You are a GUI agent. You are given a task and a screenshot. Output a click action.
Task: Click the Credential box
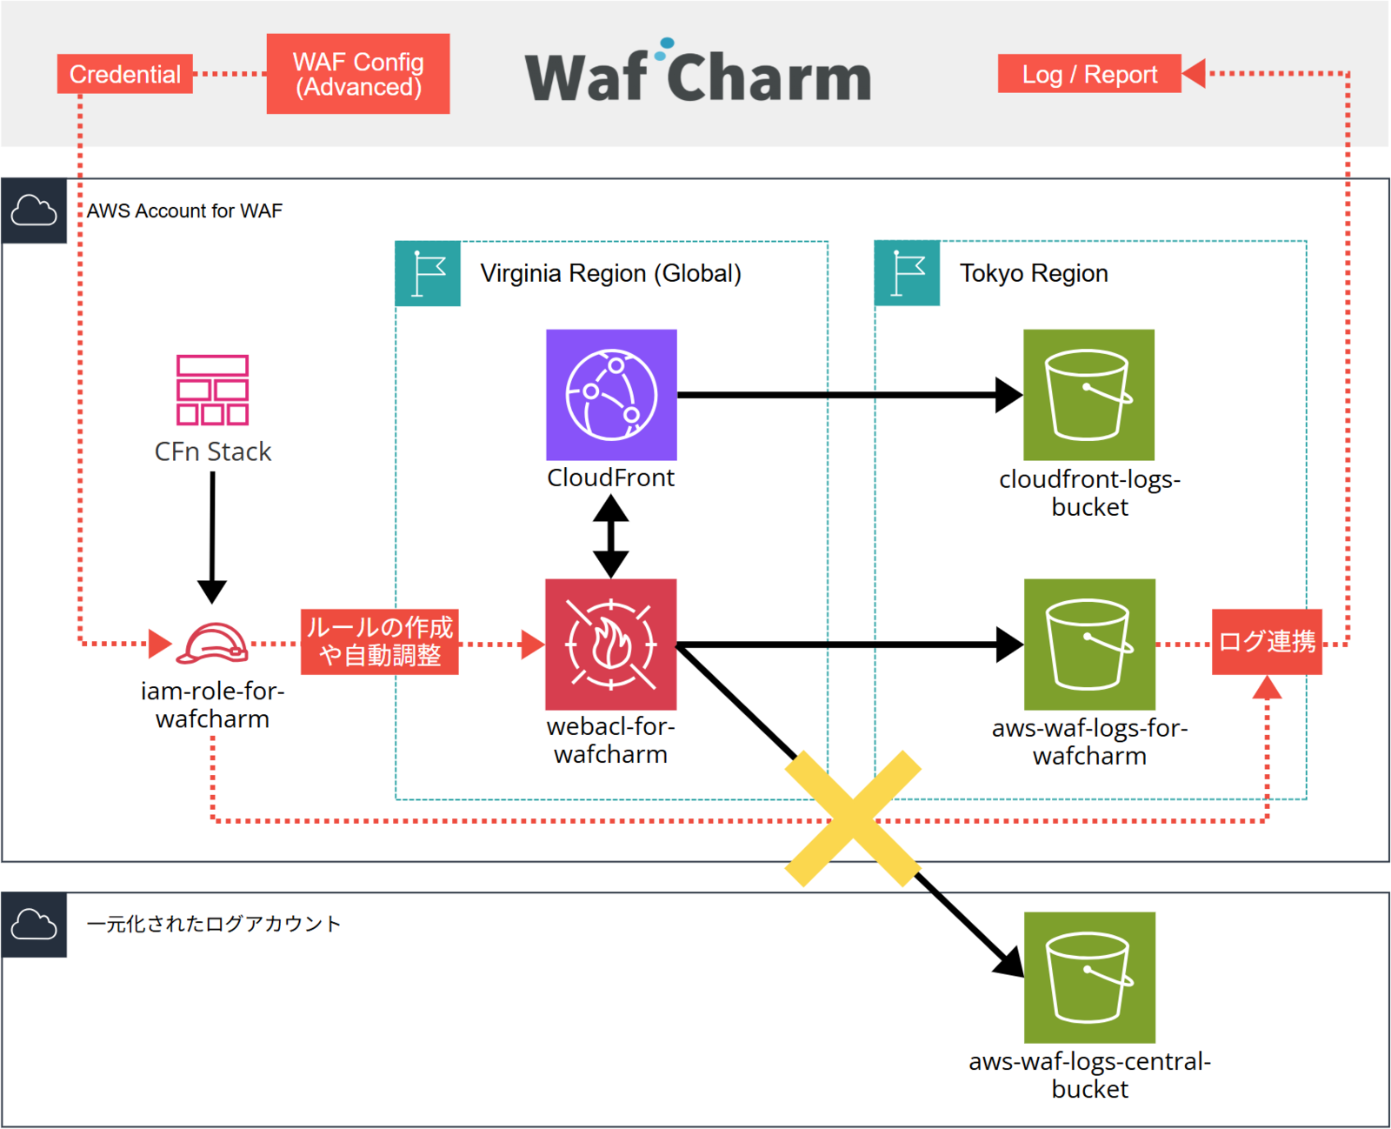(x=124, y=74)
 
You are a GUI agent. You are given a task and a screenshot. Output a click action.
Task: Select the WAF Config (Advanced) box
(x=357, y=74)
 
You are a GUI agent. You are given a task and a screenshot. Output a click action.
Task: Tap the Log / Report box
(x=1088, y=74)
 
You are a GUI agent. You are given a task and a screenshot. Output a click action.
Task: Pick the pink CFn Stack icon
(x=212, y=390)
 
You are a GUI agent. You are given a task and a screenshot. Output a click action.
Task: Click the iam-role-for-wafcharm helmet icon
(x=212, y=644)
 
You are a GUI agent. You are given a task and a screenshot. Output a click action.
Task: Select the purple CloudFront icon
(x=611, y=395)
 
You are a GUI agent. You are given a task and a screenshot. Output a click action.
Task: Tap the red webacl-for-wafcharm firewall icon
(x=610, y=645)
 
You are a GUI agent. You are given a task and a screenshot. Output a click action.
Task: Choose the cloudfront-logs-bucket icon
(x=1088, y=395)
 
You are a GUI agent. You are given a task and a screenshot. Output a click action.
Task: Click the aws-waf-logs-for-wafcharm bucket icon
(x=1088, y=645)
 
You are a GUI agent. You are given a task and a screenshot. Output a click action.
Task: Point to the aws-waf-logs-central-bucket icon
(x=1088, y=977)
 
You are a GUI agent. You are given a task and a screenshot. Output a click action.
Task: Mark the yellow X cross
(x=853, y=818)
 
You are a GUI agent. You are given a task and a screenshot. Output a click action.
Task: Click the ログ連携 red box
(x=1267, y=642)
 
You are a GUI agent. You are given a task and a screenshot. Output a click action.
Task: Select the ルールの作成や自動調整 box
(x=380, y=642)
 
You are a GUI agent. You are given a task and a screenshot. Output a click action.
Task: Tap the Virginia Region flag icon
(x=428, y=273)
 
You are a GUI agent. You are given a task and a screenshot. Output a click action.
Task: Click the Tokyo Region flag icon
(x=907, y=273)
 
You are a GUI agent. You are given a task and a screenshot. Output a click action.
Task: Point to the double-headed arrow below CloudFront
(x=611, y=536)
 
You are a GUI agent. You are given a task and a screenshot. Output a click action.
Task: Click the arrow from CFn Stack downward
(x=212, y=536)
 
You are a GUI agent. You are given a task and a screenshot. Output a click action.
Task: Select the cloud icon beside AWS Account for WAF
(x=34, y=210)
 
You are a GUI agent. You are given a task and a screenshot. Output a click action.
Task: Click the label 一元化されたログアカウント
(x=214, y=924)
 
